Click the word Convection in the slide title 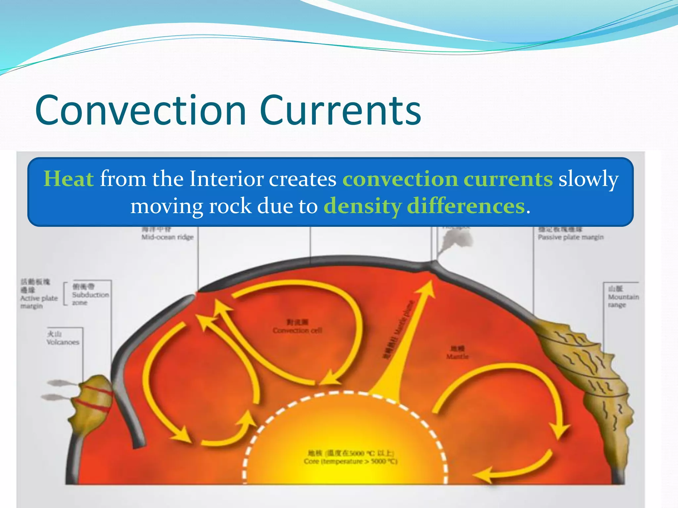pyautogui.click(x=141, y=110)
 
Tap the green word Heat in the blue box pyautogui.click(x=69, y=179)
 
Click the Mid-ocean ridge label pyautogui.click(x=168, y=237)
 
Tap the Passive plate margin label pyautogui.click(x=570, y=237)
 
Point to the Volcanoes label pyautogui.click(x=63, y=342)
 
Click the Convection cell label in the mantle pyautogui.click(x=297, y=330)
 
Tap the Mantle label pyautogui.click(x=457, y=356)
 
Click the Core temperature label pyautogui.click(x=350, y=461)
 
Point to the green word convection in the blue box pyautogui.click(x=400, y=179)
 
